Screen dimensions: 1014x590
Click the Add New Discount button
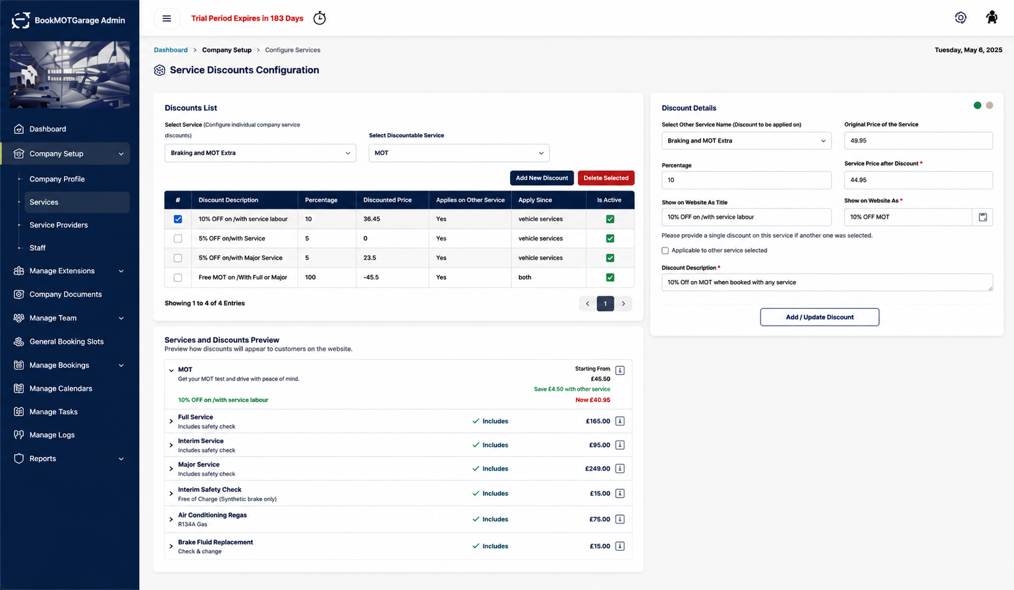542,178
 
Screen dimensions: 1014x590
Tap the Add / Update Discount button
819,317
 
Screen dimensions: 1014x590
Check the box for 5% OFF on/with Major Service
178,258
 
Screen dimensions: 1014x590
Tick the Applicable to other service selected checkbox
665,251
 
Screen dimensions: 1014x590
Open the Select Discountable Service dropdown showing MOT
459,153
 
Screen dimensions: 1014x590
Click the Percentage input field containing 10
746,180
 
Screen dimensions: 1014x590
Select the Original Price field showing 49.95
918,141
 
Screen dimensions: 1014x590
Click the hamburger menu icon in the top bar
167,18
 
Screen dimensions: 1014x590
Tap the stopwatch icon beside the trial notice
319,18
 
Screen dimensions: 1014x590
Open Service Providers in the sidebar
59,225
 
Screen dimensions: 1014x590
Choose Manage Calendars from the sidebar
60,388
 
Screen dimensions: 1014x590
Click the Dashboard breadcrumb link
171,50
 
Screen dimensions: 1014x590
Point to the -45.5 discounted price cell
371,277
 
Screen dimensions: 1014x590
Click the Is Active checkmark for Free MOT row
610,277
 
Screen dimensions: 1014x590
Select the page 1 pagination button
605,303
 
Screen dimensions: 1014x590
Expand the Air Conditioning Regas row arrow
171,520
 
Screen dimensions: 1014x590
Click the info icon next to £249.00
620,469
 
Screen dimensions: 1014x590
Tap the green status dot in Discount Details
978,105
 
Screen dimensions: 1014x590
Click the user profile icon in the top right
992,18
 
